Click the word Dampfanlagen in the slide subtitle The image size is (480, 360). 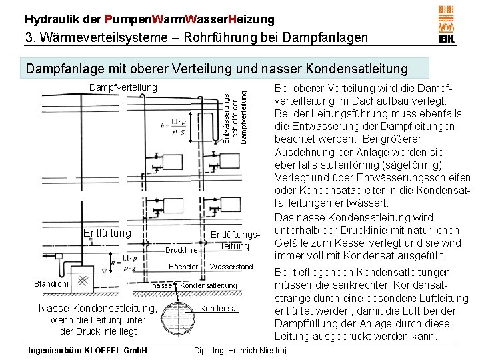[327, 37]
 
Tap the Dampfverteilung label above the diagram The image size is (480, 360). [123, 87]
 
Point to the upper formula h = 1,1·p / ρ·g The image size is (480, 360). [172, 125]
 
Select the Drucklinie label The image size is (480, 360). [181, 250]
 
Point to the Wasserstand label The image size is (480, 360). [231, 267]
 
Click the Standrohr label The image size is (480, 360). [51, 285]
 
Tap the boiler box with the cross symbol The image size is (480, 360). [83, 281]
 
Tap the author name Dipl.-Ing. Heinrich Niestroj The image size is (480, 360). [239, 350]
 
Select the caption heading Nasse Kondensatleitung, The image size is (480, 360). [98, 308]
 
